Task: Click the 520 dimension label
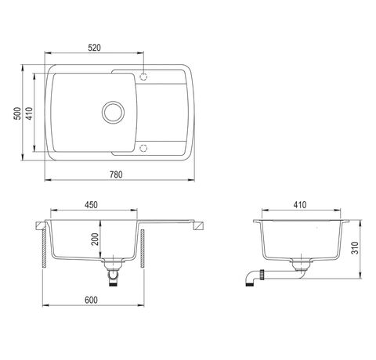click(94, 48)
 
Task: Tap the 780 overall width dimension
click(116, 175)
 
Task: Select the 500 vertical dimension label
click(17, 113)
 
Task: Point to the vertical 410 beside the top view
click(29, 113)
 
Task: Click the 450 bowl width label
click(91, 205)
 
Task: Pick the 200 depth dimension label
click(95, 239)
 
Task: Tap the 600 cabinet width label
click(91, 300)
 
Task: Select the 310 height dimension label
click(355, 248)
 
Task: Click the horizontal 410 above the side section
click(300, 205)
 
